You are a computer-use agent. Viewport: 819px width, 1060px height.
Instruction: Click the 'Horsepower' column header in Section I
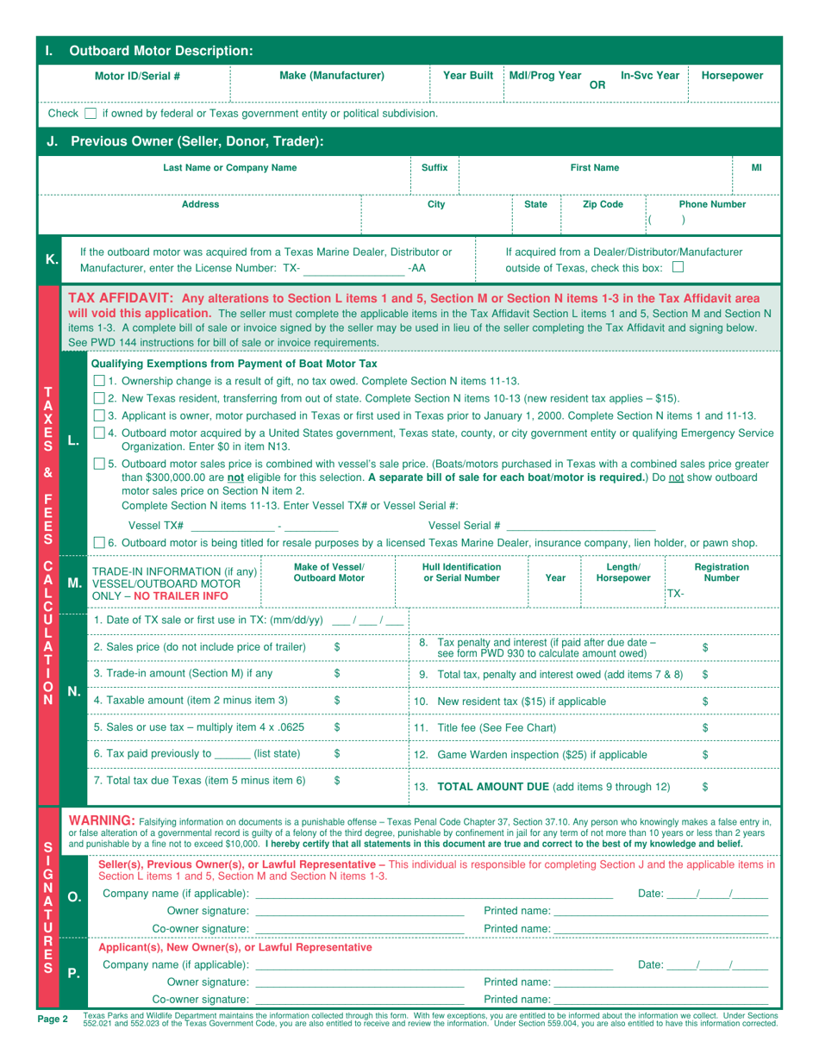tap(732, 76)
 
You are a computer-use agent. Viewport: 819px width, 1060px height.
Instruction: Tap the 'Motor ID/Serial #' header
tap(137, 76)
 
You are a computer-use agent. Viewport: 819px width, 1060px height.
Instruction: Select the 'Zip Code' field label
tap(603, 205)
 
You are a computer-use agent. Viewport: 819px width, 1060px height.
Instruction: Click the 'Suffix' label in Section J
tap(434, 167)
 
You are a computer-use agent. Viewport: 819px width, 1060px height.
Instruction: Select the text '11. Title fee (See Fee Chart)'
tap(487, 704)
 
